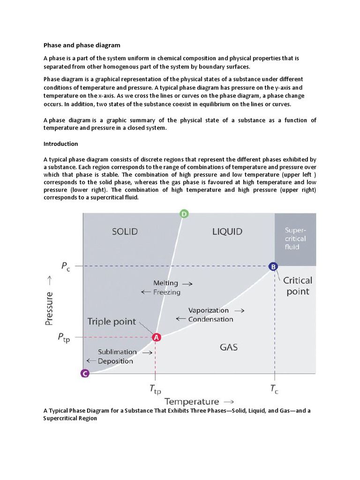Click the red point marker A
pyautogui.click(x=156, y=337)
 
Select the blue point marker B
pyautogui.click(x=273, y=266)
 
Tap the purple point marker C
pyautogui.click(x=84, y=373)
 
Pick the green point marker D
pyautogui.click(x=184, y=214)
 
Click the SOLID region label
pyautogui.click(x=125, y=232)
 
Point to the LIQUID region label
pyautogui.click(x=227, y=232)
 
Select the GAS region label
pyautogui.click(x=229, y=347)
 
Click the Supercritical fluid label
pyautogui.click(x=295, y=238)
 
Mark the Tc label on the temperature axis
pyautogui.click(x=275, y=390)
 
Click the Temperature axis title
pyautogui.click(x=191, y=402)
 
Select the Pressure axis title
pyautogui.click(x=49, y=307)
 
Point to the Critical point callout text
pyautogui.click(x=298, y=286)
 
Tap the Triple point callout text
pyautogui.click(x=112, y=322)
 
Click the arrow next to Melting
pyautogui.click(x=187, y=284)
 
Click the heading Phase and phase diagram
pyautogui.click(x=82, y=45)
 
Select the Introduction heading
pyautogui.click(x=61, y=144)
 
